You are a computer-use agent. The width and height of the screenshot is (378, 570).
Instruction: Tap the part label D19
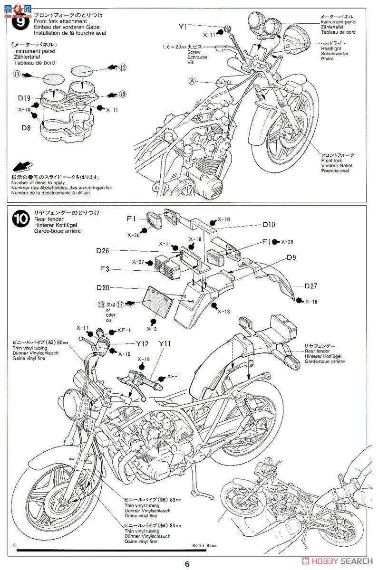pos(25,98)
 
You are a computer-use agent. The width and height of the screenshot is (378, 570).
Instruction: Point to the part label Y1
pos(183,27)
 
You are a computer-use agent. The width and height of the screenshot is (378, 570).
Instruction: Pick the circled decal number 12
pos(123,67)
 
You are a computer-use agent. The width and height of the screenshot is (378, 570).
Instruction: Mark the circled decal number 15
pos(123,94)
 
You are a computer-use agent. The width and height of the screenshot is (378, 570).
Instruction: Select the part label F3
pos(105,269)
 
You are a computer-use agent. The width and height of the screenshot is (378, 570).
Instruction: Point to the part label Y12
pos(143,343)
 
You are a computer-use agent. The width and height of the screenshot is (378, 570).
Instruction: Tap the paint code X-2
pos(152,328)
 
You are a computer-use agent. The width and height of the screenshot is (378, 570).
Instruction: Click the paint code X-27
pos(139,261)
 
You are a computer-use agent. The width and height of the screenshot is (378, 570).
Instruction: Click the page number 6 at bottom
pos(188,564)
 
